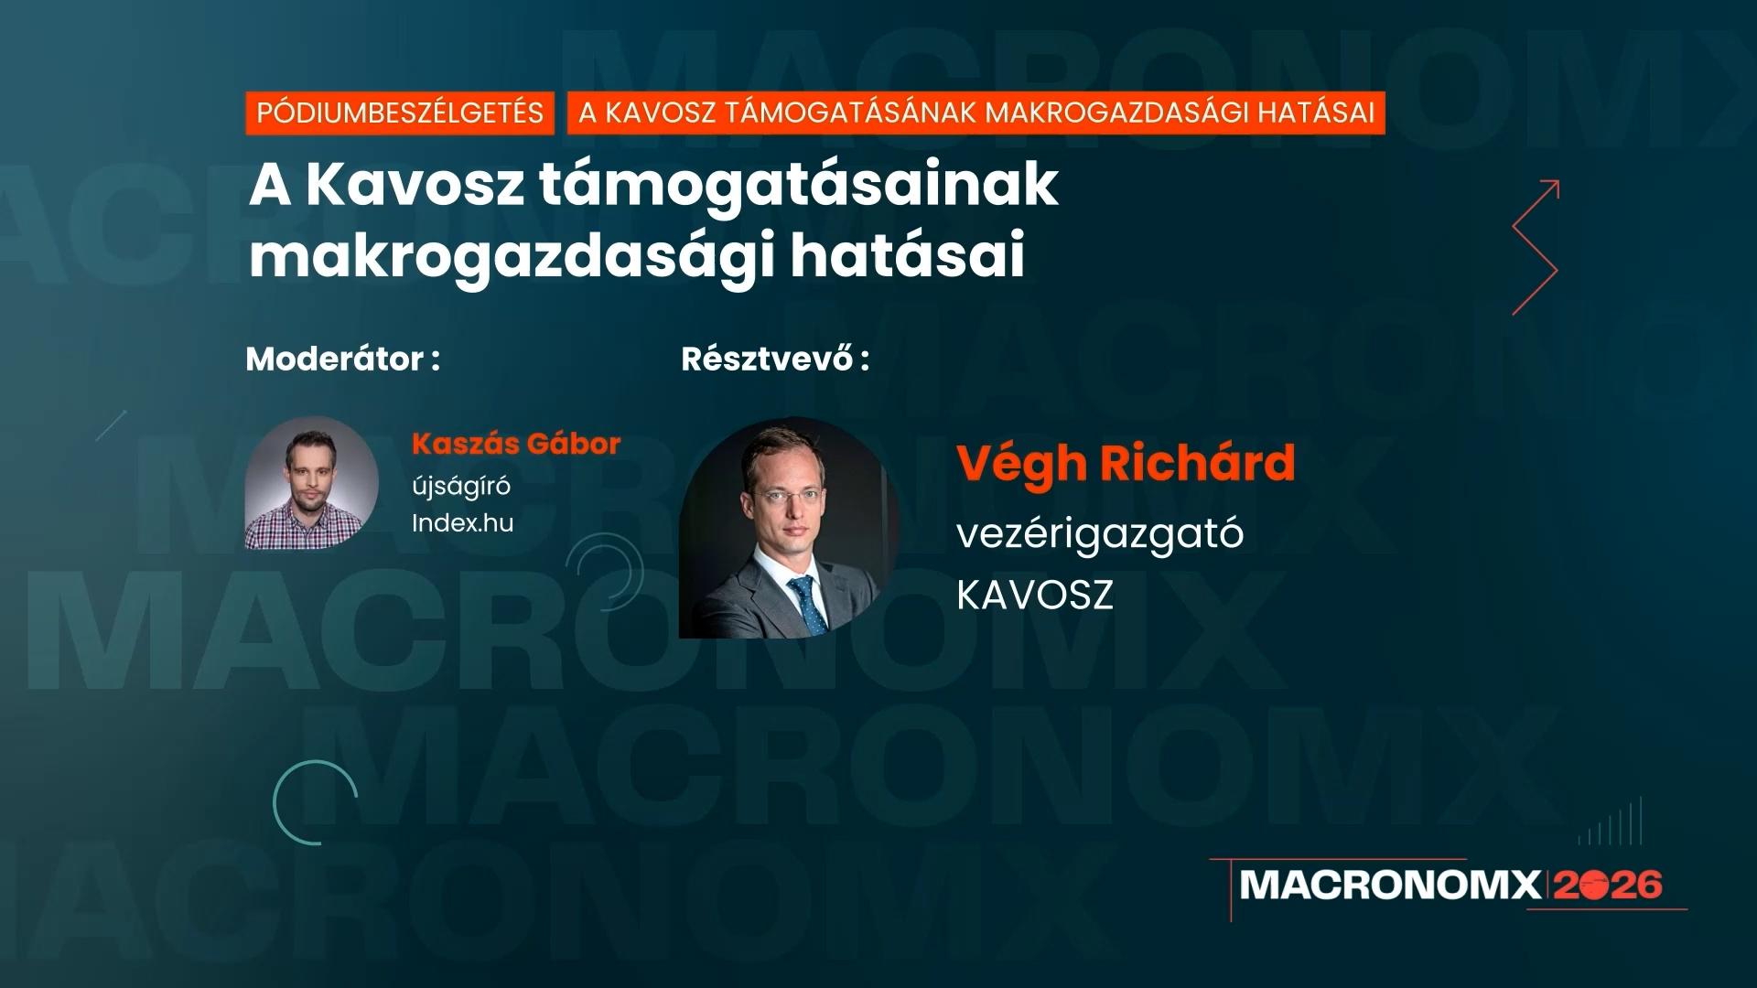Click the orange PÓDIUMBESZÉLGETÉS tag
(x=400, y=113)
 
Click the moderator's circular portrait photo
(x=312, y=482)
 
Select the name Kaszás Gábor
(x=516, y=444)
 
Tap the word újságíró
(x=461, y=485)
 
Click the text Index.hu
(x=462, y=522)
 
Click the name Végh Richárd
(x=1126, y=463)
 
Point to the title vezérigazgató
(x=1100, y=532)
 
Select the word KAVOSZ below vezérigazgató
(x=1035, y=595)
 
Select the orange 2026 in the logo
(x=1608, y=885)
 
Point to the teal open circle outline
(x=316, y=801)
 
